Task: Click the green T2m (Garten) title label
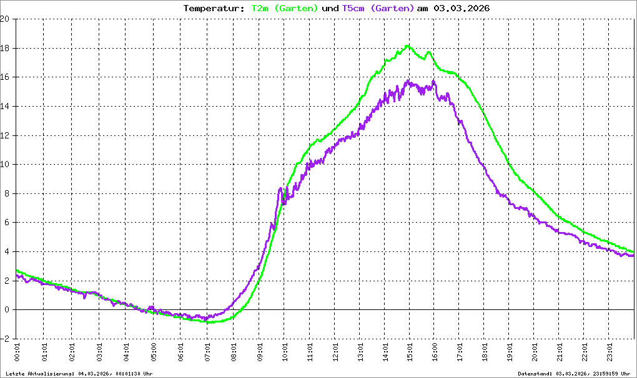pos(284,8)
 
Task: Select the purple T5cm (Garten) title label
pos(378,8)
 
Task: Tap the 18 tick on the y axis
pos(5,48)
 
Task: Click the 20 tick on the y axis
pos(5,19)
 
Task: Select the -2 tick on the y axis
pos(5,339)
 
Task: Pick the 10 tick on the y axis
pos(5,165)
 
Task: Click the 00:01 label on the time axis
pos(17,354)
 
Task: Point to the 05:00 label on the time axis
pos(152,354)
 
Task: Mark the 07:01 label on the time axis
pos(206,354)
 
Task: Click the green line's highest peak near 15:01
pos(408,46)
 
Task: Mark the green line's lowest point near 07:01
pos(210,322)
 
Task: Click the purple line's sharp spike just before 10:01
pos(280,188)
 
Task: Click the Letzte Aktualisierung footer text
pos(78,373)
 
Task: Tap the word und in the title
pos(330,8)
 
